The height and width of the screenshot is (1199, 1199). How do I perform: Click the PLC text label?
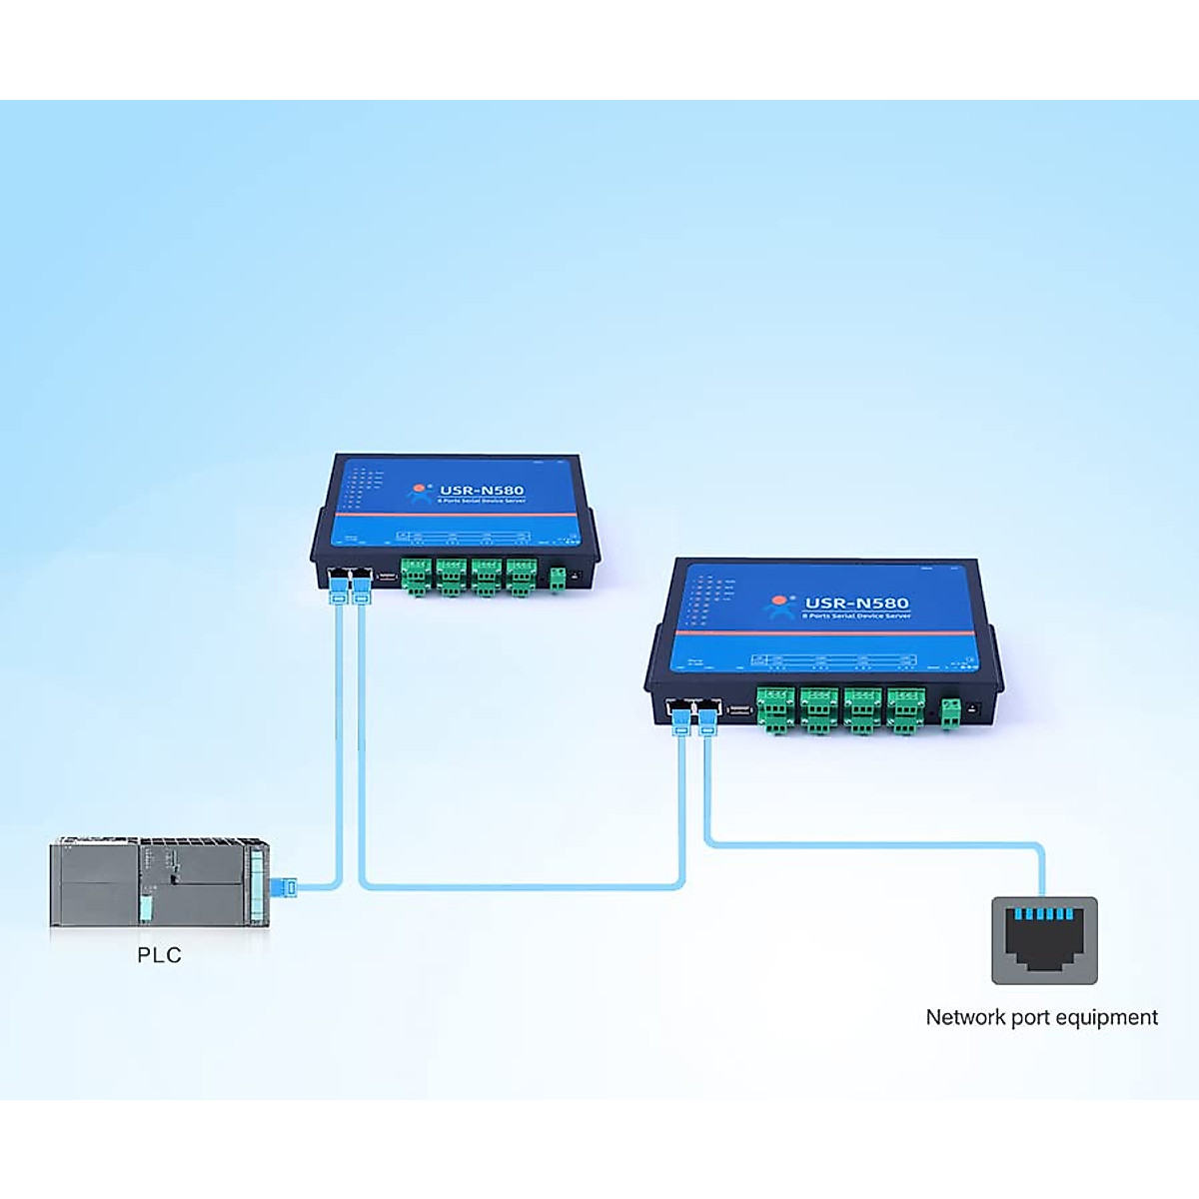(160, 955)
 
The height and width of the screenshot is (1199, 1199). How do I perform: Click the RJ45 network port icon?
(1044, 940)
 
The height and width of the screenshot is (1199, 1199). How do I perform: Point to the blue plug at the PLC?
(287, 886)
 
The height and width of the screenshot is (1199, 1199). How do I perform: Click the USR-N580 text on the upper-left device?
(482, 491)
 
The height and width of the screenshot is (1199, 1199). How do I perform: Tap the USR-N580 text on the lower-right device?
(856, 602)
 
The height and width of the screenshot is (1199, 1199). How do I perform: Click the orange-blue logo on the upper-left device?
(421, 493)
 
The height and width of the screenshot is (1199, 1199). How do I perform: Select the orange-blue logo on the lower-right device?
(778, 605)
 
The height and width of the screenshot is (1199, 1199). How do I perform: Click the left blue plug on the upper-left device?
(338, 587)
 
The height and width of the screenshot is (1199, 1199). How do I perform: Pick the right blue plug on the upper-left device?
(360, 587)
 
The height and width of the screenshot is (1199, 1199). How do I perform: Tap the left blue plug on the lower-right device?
(681, 719)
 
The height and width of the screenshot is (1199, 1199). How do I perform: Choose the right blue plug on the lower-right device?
(707, 719)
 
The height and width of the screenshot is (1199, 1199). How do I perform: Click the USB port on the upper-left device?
(387, 577)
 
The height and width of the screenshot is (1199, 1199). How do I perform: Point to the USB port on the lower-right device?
(738, 709)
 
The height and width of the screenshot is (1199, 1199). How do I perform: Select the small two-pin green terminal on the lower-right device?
(950, 712)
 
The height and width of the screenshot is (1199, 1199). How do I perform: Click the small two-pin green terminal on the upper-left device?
(558, 578)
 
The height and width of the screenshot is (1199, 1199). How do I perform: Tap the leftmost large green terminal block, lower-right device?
(774, 708)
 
